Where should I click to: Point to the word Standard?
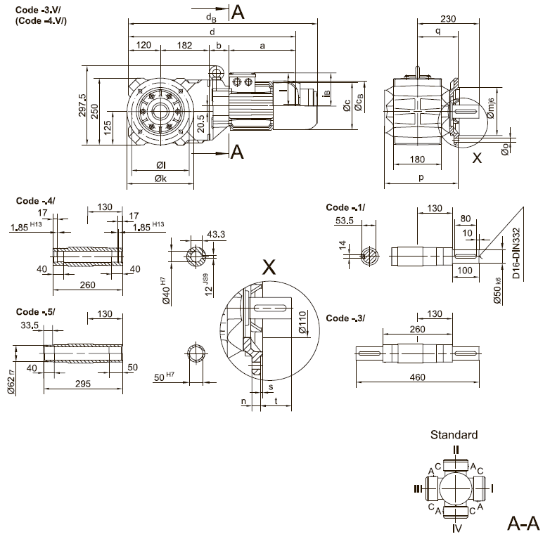point(454,435)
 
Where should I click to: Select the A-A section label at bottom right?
point(523,523)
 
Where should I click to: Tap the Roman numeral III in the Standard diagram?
point(418,488)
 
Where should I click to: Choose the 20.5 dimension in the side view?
point(202,124)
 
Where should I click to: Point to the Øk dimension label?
point(161,180)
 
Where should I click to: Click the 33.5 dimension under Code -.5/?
point(30,325)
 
